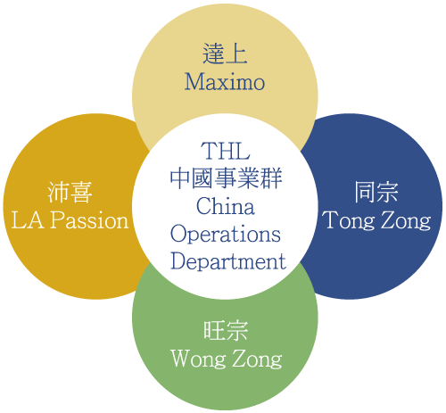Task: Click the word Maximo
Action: [225, 81]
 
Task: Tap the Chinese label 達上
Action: [225, 54]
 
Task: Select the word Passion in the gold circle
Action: [89, 220]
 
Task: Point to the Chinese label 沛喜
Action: [70, 193]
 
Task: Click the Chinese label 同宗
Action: [376, 192]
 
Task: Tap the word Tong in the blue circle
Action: [349, 220]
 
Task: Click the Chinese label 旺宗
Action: [226, 330]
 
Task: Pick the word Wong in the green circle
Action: [198, 359]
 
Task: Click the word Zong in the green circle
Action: [257, 359]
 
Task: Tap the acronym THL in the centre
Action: [225, 151]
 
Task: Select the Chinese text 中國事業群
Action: [226, 178]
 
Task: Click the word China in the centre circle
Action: [226, 206]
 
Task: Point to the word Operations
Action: [226, 235]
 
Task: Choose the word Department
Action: [228, 261]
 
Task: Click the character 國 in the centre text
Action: [203, 178]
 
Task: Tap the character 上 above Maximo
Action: [236, 54]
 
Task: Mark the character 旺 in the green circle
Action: [214, 330]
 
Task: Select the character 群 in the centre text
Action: [271, 178]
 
